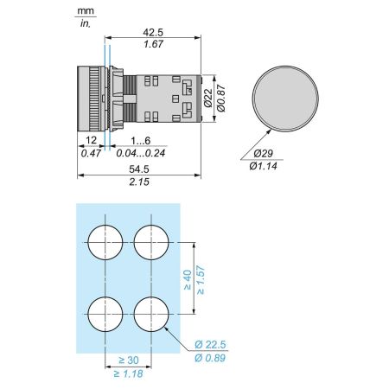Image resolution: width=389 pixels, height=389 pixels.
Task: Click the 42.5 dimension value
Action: pyautogui.click(x=153, y=32)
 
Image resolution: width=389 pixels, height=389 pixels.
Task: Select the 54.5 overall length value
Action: pyautogui.click(x=139, y=169)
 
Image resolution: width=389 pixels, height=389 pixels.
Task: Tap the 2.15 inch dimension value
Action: pyautogui.click(x=139, y=182)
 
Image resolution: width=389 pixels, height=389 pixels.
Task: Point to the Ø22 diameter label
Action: pyautogui.click(x=208, y=98)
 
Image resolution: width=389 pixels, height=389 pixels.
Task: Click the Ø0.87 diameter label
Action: pyautogui.click(x=221, y=98)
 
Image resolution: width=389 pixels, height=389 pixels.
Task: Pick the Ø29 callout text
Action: pyautogui.click(x=263, y=153)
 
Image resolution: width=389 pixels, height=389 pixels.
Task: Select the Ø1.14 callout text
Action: pyautogui.click(x=263, y=166)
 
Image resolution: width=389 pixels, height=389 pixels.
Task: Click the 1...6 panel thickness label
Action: pyautogui.click(x=141, y=141)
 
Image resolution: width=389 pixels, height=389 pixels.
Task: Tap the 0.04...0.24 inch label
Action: pyautogui.click(x=141, y=153)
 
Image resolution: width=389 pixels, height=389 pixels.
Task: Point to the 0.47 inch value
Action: pyautogui.click(x=91, y=153)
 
